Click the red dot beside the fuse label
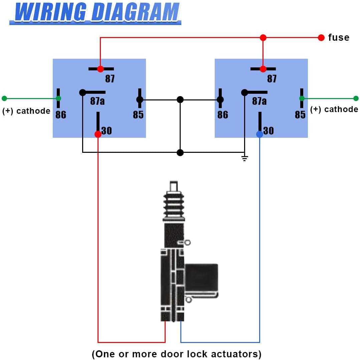click(321, 37)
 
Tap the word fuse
click(339, 37)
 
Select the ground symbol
click(245, 158)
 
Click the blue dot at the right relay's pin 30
click(259, 134)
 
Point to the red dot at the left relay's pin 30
click(98, 134)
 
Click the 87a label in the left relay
click(98, 101)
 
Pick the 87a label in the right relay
click(259, 101)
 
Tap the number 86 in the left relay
click(61, 114)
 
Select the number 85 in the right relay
click(300, 114)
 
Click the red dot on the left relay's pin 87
click(101, 69)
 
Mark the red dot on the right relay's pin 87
click(263, 69)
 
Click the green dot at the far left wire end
click(4, 98)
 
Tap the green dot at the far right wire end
click(356, 98)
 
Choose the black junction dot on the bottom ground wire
click(180, 152)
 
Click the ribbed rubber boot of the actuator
click(174, 205)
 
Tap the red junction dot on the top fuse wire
click(263, 37)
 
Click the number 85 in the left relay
click(138, 114)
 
